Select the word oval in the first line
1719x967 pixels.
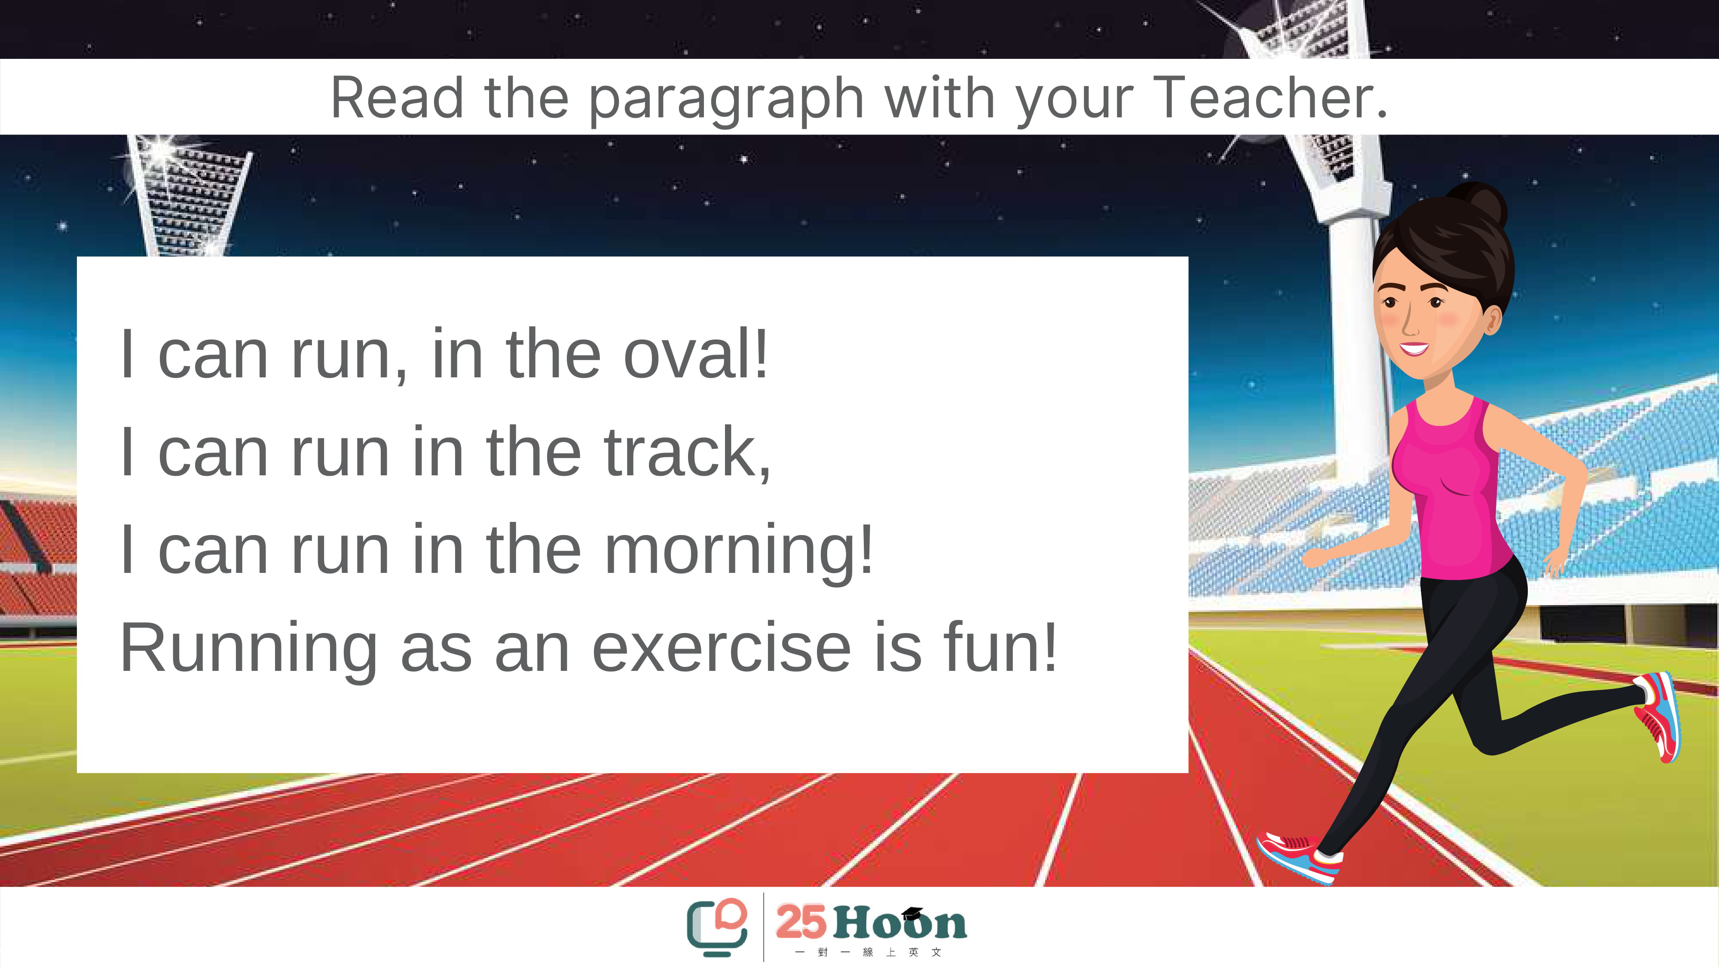coord(687,355)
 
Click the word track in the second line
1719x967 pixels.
coord(680,452)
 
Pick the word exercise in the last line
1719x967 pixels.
coord(722,647)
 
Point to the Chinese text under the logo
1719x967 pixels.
coord(868,952)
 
